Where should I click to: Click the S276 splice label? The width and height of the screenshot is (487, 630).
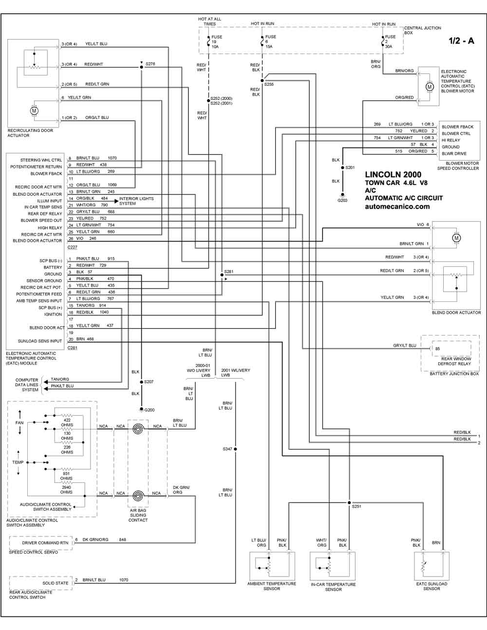pos(150,64)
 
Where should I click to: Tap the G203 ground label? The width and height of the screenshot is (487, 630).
pos(342,200)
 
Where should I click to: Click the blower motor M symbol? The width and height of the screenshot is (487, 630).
pos(430,87)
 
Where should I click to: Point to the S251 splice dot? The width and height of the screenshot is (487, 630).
pos(350,502)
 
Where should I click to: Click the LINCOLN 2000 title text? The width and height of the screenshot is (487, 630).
pos(393,174)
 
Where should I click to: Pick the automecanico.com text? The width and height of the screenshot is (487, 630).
pos(397,206)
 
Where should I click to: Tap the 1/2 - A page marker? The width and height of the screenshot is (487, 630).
pos(461,41)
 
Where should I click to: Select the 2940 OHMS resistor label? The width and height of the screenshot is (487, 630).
pos(66,489)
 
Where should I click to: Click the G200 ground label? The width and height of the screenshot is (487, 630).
pos(149,410)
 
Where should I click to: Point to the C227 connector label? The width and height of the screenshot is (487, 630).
pos(73,247)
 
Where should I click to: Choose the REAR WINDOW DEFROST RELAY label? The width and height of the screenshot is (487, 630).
pos(454,361)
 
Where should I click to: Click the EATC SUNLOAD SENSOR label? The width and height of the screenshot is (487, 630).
pos(431,586)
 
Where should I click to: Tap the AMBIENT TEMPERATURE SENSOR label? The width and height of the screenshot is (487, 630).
pos(272,586)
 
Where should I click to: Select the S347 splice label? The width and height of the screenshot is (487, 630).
pos(227,449)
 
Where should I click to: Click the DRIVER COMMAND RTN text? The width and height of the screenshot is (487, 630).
pos(45,543)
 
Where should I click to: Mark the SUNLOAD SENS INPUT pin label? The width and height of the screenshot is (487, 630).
pos(40,341)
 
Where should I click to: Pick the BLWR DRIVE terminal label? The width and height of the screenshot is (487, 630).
pos(454,153)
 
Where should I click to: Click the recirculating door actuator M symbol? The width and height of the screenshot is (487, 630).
pos(34,111)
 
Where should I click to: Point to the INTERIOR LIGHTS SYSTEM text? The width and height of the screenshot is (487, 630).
pos(136,201)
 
